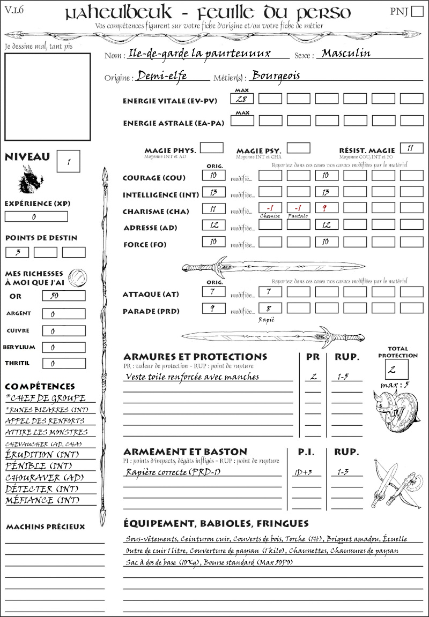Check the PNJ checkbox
416,12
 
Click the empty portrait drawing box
47,96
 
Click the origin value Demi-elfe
162,76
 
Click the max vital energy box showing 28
242,99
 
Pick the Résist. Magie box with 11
411,148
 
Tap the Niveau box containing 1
69,161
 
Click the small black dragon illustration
31,179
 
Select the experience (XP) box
36,217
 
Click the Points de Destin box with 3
17,252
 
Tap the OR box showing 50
63,296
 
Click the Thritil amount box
63,364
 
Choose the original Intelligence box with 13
213,192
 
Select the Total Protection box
397,370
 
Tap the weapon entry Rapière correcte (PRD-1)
173,472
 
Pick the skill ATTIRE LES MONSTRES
47,432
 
